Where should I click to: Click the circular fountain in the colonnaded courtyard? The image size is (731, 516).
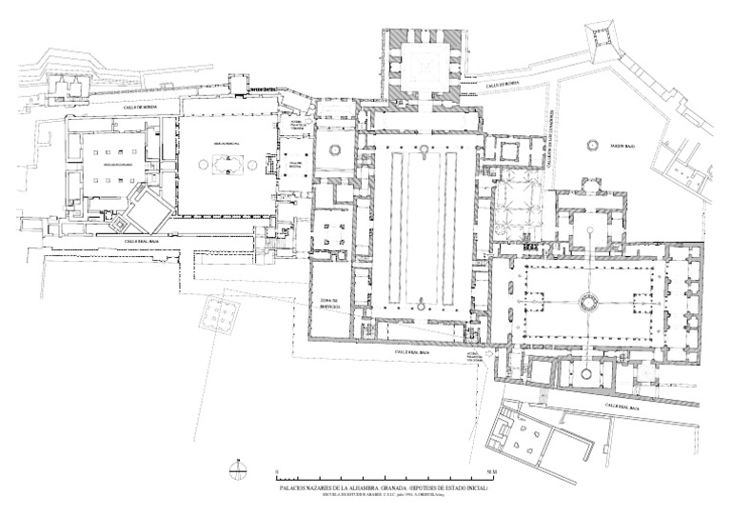coord(585,303)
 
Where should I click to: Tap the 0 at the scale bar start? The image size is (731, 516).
coord(275,472)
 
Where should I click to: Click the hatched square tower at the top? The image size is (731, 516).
coord(424,65)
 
